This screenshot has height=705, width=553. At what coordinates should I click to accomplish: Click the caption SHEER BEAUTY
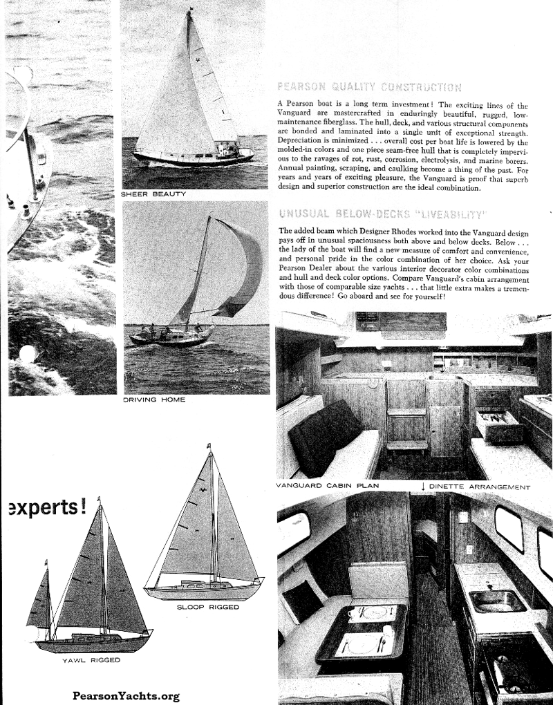click(153, 194)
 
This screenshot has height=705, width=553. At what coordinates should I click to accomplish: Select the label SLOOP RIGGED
click(208, 607)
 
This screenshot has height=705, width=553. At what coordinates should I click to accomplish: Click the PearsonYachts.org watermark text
click(125, 696)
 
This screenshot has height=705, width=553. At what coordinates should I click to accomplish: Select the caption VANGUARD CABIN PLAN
click(327, 486)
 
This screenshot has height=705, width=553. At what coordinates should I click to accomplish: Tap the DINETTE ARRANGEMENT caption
click(480, 487)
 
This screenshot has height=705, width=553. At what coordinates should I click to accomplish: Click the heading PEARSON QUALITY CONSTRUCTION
click(368, 87)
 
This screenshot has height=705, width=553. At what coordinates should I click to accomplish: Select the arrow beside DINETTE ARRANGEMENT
click(422, 487)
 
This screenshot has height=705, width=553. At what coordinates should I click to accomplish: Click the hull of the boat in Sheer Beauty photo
click(194, 158)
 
